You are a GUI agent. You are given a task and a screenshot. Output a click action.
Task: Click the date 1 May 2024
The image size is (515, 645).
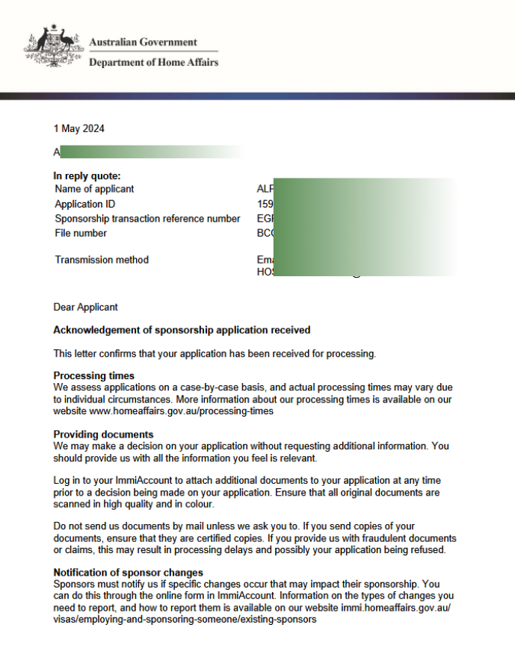[x=79, y=128]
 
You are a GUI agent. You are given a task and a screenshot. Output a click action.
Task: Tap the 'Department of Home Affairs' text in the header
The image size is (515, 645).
[x=153, y=63]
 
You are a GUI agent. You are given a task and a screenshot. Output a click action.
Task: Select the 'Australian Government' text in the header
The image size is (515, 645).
[x=143, y=43]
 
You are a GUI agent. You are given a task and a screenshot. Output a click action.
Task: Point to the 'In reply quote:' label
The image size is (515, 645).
[x=87, y=176]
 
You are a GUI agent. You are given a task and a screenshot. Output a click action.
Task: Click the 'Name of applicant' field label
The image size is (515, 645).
[x=94, y=190]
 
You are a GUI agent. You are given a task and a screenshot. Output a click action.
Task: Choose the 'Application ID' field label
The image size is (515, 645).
[x=85, y=204]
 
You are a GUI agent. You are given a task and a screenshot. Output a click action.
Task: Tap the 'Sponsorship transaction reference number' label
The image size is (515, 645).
[x=148, y=219]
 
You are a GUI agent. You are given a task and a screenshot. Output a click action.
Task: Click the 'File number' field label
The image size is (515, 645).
[x=81, y=233]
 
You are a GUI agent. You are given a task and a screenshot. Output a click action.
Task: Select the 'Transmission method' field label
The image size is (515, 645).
[x=102, y=260]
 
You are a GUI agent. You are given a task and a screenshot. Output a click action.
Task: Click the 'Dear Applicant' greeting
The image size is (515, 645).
[x=85, y=307]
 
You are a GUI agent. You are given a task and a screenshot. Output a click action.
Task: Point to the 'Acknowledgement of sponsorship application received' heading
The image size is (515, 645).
[x=182, y=330]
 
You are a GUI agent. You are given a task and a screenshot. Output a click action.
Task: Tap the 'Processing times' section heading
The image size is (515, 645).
[x=93, y=376]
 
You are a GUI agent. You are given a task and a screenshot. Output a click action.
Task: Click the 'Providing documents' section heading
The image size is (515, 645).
[x=103, y=434]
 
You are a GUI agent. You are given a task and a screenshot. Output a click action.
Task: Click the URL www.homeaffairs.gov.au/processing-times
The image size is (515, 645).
[x=181, y=411]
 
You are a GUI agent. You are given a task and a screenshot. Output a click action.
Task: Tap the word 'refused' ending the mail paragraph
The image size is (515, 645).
[x=428, y=550]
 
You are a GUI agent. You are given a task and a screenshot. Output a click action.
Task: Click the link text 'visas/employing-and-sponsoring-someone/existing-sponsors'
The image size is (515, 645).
[x=185, y=619]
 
